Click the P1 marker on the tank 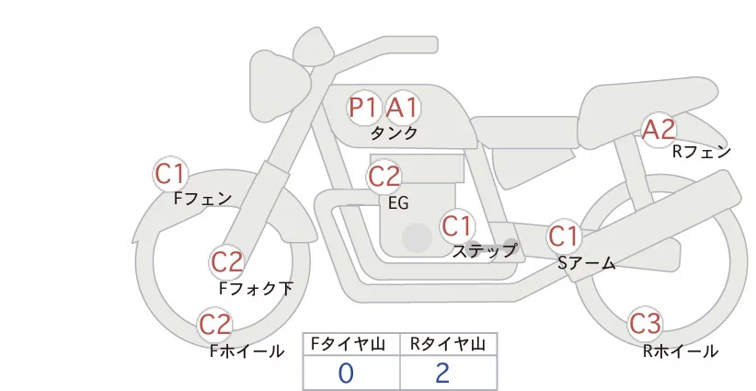coord(363,107)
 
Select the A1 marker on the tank coord(403,107)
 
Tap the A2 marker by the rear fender coord(659,129)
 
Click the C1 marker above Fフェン coord(170,174)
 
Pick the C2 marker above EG coord(384,177)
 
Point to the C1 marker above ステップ coord(456,225)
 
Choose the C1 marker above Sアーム coord(563,236)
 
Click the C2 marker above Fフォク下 coord(227,262)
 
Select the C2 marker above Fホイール coord(215,325)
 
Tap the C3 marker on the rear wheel coord(645,324)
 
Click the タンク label coord(394,132)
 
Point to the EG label coord(399,203)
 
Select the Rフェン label coord(702,152)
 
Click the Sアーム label coord(587,263)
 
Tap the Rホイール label coord(681,351)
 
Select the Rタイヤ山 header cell coord(449,344)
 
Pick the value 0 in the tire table coord(346,374)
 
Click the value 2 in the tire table coord(442,374)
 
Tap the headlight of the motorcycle coord(281,86)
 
